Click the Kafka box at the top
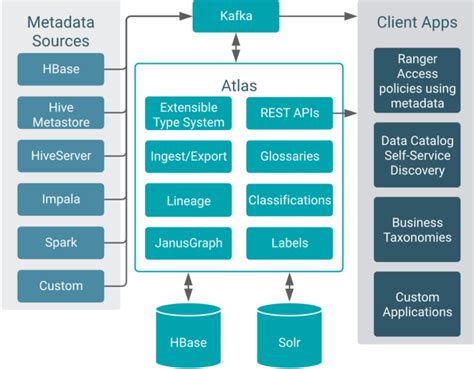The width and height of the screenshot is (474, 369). (x=236, y=17)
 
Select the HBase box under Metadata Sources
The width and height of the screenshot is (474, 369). (x=61, y=69)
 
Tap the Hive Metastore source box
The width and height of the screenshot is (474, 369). (x=61, y=112)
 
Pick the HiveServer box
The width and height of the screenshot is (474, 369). (x=61, y=156)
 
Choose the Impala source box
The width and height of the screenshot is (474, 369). (x=61, y=199)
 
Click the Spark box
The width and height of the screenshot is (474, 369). (x=61, y=243)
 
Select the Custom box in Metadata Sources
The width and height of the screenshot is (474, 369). (x=61, y=286)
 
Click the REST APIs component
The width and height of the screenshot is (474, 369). (x=289, y=114)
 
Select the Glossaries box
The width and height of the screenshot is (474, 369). (x=289, y=157)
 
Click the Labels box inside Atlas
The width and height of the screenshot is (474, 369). (x=289, y=243)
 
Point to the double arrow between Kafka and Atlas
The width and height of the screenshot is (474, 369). (x=236, y=47)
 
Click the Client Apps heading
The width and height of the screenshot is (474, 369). (x=417, y=20)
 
